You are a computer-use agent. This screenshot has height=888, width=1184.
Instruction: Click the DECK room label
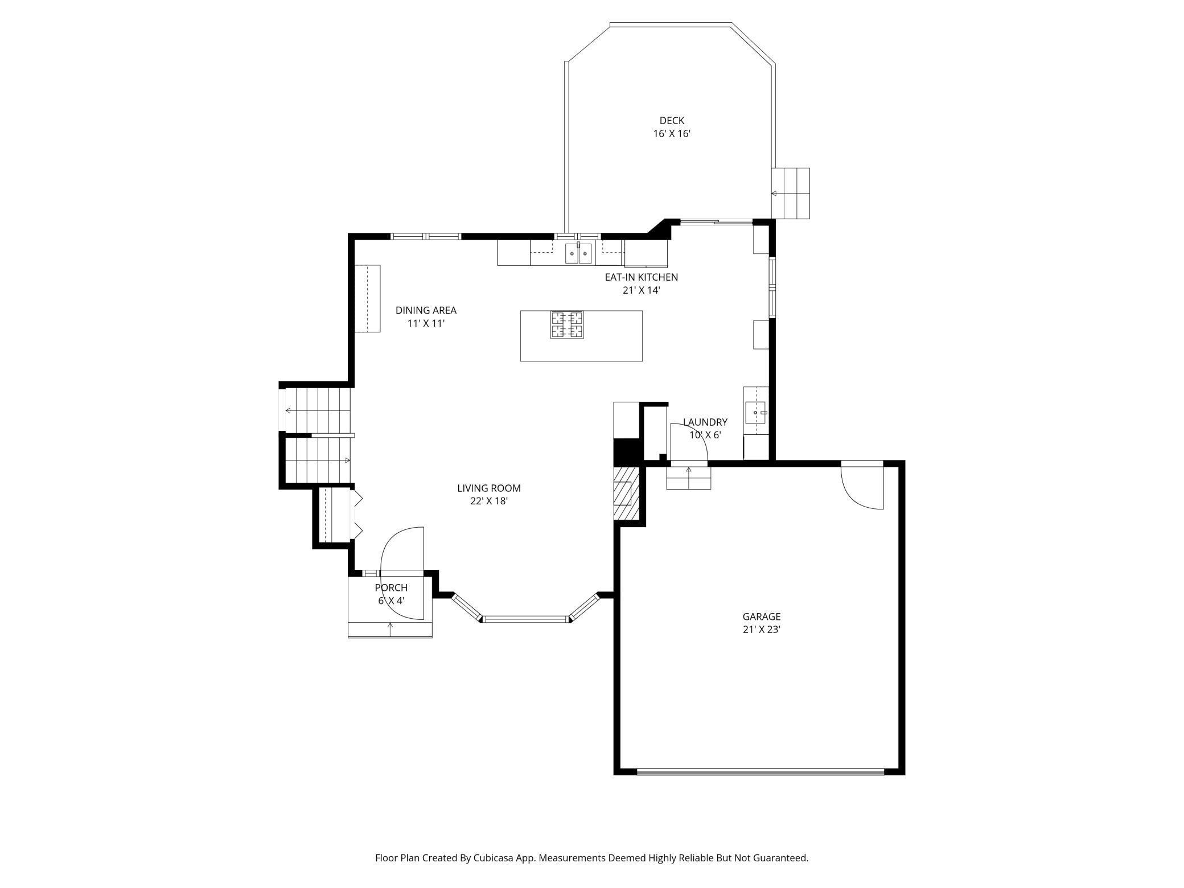point(672,121)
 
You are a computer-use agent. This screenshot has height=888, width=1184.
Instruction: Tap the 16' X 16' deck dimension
point(672,134)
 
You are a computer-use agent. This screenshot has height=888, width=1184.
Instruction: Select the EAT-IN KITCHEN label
point(641,277)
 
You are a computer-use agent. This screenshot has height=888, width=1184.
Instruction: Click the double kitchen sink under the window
point(579,253)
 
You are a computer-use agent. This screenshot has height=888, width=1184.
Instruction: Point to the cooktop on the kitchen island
point(567,324)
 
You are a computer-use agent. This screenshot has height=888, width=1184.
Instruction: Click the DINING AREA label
point(426,310)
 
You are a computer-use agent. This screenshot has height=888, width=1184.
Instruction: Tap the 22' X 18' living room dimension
point(488,501)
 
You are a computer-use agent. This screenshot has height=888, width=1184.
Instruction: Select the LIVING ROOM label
point(488,488)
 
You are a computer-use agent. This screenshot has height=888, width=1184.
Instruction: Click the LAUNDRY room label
point(705,422)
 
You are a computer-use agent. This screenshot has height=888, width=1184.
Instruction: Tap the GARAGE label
point(761,616)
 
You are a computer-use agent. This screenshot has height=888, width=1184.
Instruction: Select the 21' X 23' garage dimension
point(761,630)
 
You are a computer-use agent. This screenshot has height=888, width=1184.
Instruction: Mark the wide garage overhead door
point(760,772)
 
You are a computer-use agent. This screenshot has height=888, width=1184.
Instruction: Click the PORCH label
point(391,587)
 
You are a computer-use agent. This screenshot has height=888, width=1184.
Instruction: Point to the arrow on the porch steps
point(390,628)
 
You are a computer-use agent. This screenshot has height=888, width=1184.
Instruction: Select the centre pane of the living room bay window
point(525,619)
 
